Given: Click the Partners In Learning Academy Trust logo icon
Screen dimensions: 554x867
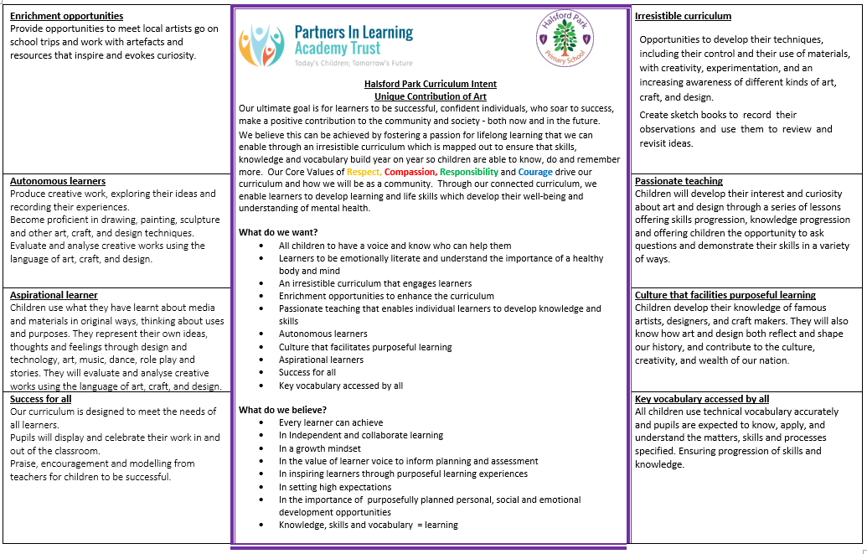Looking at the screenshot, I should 261,45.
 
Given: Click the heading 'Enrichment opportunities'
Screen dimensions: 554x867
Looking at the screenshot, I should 66,16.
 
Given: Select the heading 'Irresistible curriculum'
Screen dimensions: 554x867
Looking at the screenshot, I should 683,16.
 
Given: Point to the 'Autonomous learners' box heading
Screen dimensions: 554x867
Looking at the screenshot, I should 58,181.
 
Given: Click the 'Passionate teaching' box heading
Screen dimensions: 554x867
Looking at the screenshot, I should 679,181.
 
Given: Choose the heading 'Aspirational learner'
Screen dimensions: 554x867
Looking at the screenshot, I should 54,295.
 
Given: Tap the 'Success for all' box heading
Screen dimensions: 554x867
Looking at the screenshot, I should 40,399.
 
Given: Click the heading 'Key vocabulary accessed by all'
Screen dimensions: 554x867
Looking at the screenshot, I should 702,399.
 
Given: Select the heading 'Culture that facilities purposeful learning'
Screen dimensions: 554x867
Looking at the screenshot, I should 725,295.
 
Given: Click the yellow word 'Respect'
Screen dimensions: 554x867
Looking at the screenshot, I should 364,172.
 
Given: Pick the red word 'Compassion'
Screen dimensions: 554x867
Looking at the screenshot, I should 410,172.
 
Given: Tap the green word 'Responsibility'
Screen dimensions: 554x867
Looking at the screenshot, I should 469,172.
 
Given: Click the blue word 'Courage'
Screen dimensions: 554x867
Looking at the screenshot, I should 535,172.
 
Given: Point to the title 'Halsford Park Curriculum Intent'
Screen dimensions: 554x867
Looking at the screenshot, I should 430,84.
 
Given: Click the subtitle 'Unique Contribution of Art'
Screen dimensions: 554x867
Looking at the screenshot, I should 430,96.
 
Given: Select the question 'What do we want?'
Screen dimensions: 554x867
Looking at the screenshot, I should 278,232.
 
